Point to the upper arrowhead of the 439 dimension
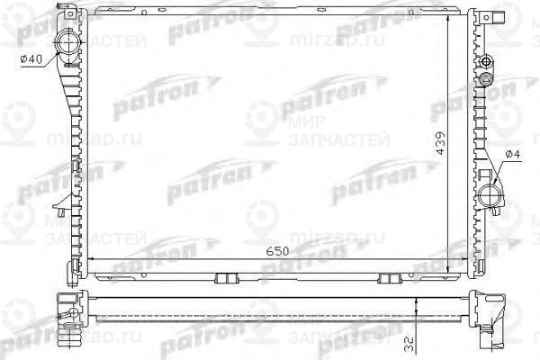(449, 15)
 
